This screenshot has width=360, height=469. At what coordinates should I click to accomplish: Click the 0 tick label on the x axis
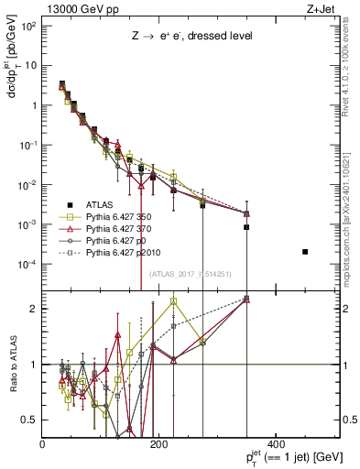tap(43, 444)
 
